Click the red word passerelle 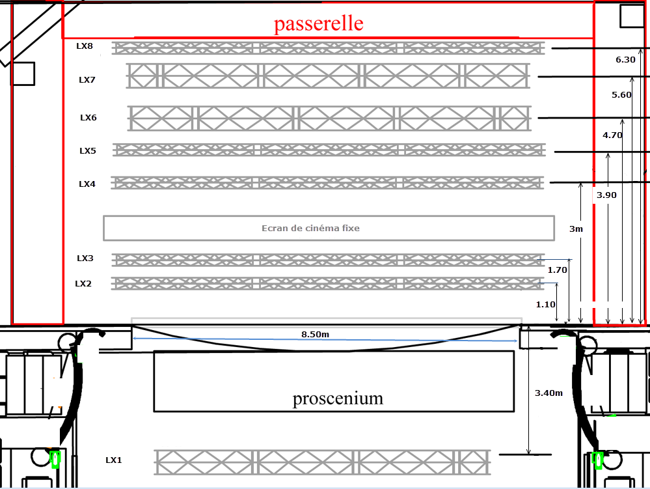[x=318, y=24]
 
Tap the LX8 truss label [x=85, y=46]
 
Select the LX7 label [x=87, y=80]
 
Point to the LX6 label [x=88, y=118]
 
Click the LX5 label [x=88, y=151]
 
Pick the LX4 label [x=87, y=184]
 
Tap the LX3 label [x=85, y=258]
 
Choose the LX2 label [x=83, y=284]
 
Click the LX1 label [x=114, y=460]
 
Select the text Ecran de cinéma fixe [x=310, y=228]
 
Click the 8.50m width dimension [x=315, y=335]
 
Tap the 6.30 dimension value [x=625, y=59]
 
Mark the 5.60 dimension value [x=621, y=94]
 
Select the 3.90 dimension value [x=606, y=195]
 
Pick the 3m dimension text [x=576, y=229]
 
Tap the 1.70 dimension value [x=558, y=270]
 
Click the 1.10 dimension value [x=545, y=304]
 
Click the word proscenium [x=338, y=398]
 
